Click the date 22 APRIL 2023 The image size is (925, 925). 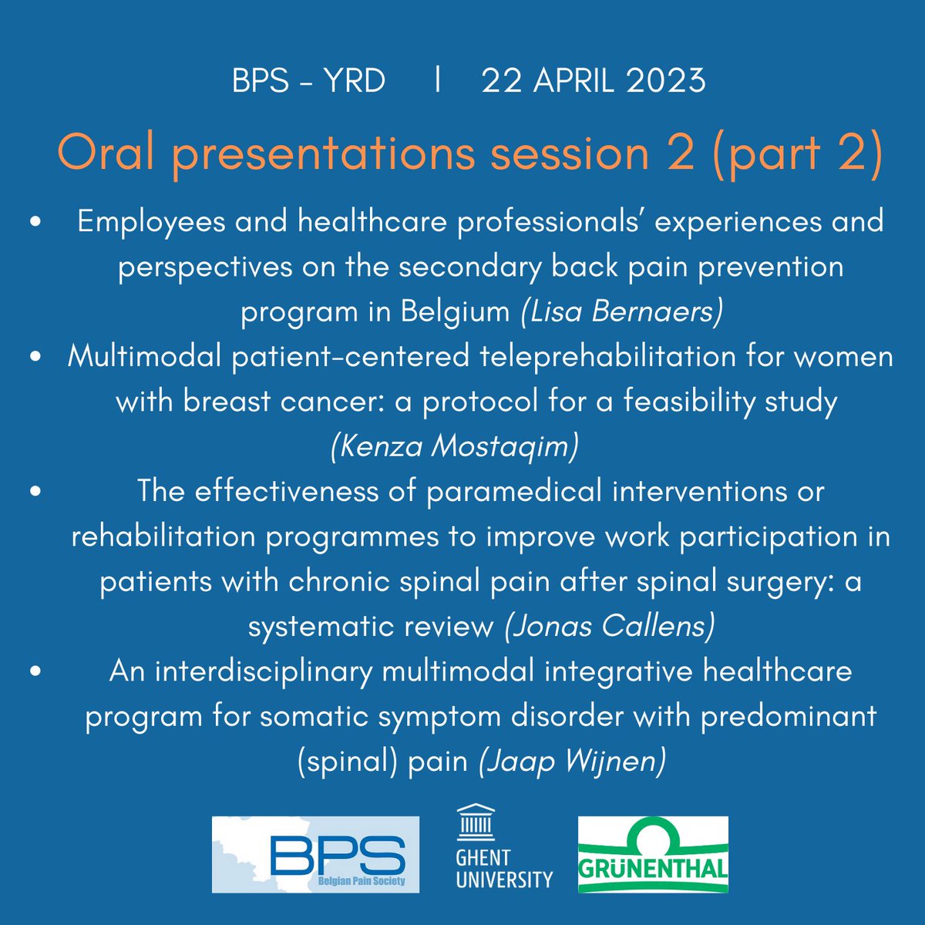coord(593,81)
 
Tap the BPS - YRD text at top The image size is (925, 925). coord(308,81)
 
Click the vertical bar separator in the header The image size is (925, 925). coord(437,80)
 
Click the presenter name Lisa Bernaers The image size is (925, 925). coord(621,312)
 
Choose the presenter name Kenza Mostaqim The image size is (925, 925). coord(454,447)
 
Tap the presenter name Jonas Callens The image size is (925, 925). coord(609,627)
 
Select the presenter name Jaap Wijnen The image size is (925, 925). coord(571,762)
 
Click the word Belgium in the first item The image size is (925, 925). coord(455,312)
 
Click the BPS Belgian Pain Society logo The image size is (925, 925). coord(316,854)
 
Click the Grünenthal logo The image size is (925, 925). coord(652,854)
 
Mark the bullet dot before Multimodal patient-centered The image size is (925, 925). coord(35,358)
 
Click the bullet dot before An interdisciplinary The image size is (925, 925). coord(35,671)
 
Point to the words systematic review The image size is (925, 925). coord(370,627)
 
